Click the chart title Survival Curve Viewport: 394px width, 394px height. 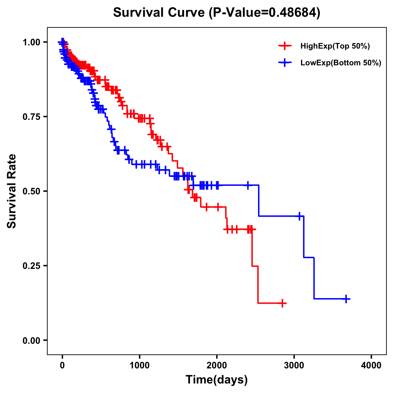(160, 12)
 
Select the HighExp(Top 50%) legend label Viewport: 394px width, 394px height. (335, 46)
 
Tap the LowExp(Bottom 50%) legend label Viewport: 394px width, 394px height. (341, 63)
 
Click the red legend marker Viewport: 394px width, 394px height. (285, 46)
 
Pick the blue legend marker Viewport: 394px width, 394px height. (285, 63)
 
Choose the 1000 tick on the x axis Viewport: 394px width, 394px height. (140, 365)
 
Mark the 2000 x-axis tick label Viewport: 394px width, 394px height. (217, 365)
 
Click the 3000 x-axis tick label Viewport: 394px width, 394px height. (294, 365)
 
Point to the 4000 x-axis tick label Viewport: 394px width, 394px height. (371, 365)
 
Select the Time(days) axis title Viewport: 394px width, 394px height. (217, 380)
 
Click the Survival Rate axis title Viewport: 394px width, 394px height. (12, 191)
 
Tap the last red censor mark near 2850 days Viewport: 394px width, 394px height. (282, 303)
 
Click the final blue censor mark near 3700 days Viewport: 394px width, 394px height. (346, 299)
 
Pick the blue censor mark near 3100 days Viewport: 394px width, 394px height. (299, 216)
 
